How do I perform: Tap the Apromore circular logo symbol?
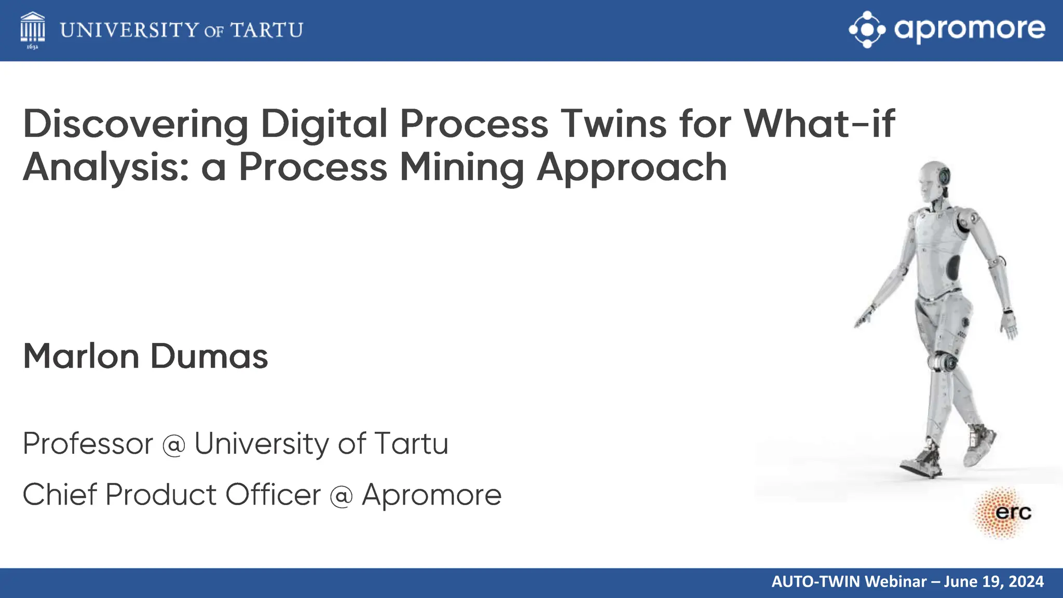click(x=867, y=30)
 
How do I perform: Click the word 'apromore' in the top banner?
click(x=970, y=29)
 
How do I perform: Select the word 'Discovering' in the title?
click(x=135, y=125)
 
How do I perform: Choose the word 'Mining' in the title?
click(x=461, y=167)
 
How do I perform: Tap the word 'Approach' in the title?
click(x=632, y=168)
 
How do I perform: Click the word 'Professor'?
click(x=88, y=444)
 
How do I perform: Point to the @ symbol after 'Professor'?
click(x=173, y=445)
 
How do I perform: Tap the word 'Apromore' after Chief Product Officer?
click(x=432, y=495)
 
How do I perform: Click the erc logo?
click(x=1004, y=513)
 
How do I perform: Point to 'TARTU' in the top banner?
click(x=267, y=30)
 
